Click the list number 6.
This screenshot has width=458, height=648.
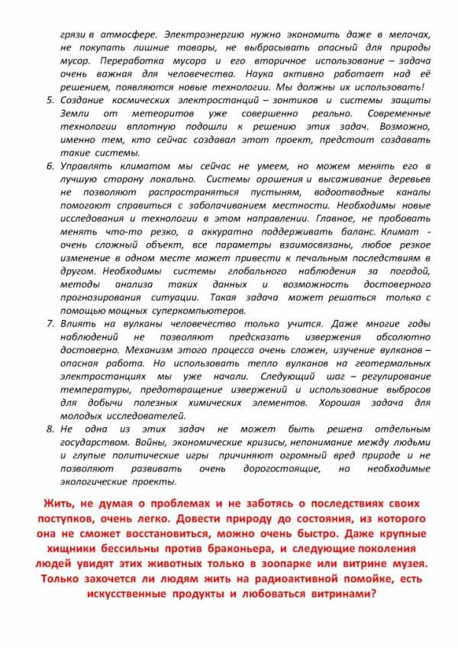50,166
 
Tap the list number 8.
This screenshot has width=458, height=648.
50,429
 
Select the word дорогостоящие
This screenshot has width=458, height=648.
279,468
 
